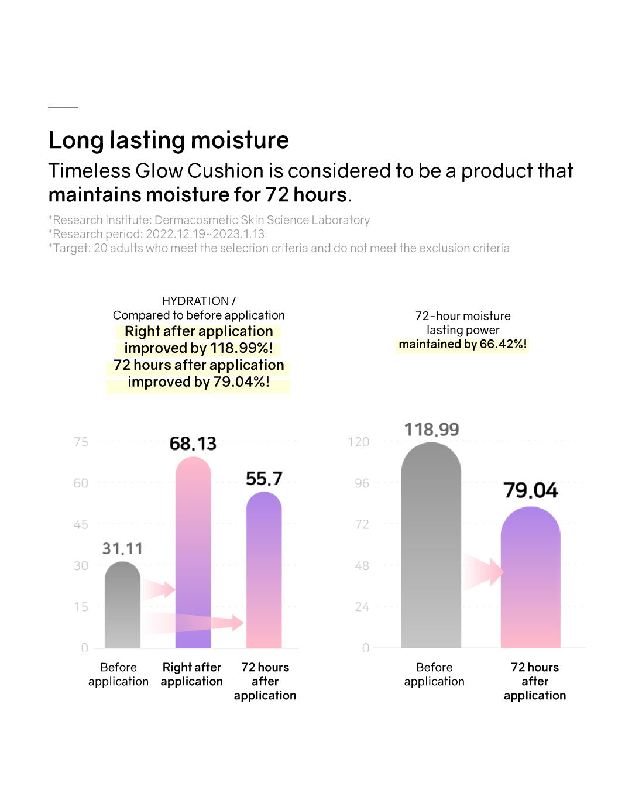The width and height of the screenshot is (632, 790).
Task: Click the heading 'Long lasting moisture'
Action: [169, 140]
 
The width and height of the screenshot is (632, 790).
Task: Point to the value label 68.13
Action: [193, 444]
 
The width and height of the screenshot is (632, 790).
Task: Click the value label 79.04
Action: [531, 490]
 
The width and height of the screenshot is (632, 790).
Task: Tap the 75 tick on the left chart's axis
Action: [81, 442]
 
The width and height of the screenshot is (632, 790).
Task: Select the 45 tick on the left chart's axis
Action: [81, 524]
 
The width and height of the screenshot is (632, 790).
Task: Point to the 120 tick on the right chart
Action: [359, 442]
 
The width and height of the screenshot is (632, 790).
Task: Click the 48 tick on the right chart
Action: [362, 565]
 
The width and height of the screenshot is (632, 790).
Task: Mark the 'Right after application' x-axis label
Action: [192, 674]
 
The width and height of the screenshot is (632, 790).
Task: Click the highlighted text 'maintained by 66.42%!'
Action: [463, 344]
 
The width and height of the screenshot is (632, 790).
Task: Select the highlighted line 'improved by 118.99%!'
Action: [199, 348]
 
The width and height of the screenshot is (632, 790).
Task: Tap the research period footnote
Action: [156, 234]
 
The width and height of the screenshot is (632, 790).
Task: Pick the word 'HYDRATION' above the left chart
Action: [195, 301]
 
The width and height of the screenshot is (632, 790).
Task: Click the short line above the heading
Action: [63, 108]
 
